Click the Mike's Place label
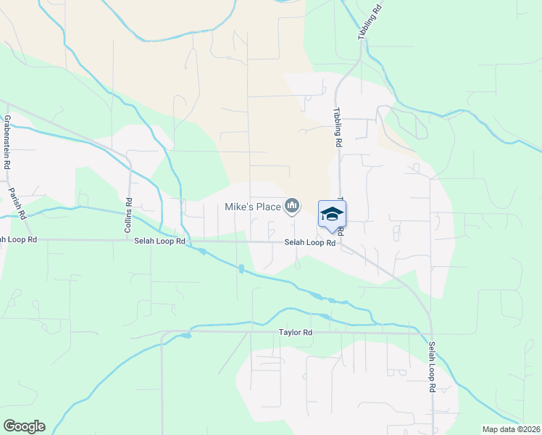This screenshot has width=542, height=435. (x=252, y=207)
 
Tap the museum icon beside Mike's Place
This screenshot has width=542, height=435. (x=292, y=207)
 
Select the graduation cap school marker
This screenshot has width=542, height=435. (x=332, y=214)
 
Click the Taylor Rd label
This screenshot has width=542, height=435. (x=296, y=333)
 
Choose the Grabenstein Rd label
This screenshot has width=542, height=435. (x=7, y=142)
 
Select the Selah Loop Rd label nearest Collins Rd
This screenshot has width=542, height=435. (x=159, y=241)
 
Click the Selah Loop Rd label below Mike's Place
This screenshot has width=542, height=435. (x=309, y=243)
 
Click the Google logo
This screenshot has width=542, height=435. (x=24, y=426)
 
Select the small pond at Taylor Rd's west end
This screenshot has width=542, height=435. (x=186, y=336)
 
